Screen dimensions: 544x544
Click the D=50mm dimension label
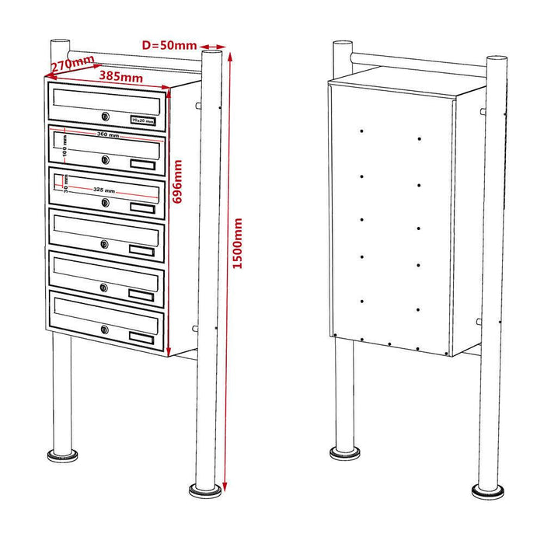pos(169,45)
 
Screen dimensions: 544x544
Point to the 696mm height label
pos(178,182)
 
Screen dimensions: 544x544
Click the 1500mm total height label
pos(238,244)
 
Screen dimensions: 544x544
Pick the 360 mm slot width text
pos(108,135)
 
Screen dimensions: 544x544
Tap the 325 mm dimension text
pos(104,190)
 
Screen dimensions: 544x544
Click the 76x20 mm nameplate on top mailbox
pos(142,120)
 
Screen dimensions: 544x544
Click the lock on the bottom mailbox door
pos(104,330)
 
